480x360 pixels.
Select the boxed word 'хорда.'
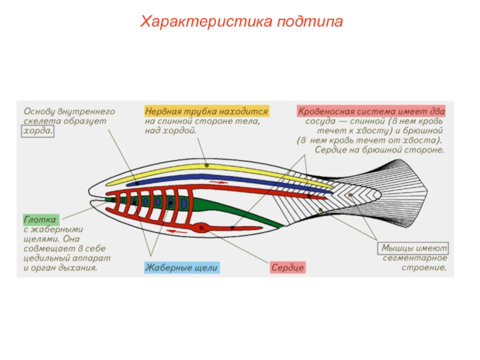(x=37, y=131)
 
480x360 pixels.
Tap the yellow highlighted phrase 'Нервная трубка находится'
(x=206, y=111)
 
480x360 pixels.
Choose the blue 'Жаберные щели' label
(x=182, y=268)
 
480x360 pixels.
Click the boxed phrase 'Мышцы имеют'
(x=415, y=248)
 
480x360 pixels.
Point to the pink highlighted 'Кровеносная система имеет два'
(x=370, y=111)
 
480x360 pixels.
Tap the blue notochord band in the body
(x=240, y=181)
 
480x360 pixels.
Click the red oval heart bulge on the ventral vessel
(x=200, y=227)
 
